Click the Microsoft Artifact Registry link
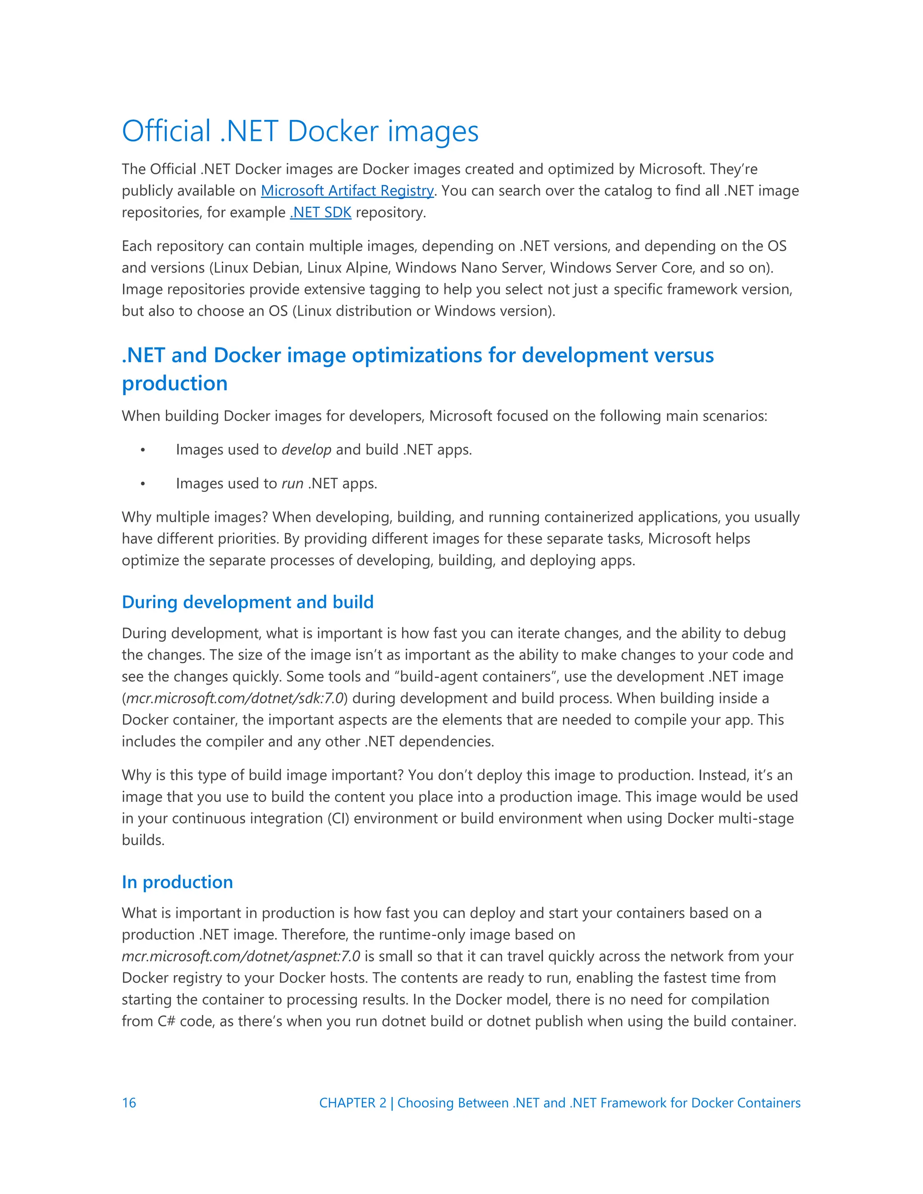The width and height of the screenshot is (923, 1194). pyautogui.click(x=347, y=191)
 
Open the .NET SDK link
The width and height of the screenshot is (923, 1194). pyautogui.click(x=320, y=213)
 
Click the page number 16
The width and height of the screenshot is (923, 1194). pyautogui.click(x=129, y=1103)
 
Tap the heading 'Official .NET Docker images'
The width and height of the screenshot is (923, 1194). pyautogui.click(x=300, y=131)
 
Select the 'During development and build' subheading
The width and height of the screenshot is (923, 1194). pyautogui.click(x=248, y=602)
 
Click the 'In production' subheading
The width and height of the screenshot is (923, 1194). pyautogui.click(x=177, y=882)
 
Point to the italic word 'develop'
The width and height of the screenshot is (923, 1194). pyautogui.click(x=306, y=450)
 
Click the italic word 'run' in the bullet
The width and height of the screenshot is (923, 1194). pyautogui.click(x=292, y=484)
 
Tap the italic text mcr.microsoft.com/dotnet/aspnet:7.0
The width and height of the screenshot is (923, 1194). pyautogui.click(x=241, y=957)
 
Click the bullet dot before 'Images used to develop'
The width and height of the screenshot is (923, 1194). pyautogui.click(x=143, y=451)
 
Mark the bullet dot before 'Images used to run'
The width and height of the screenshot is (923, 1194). pyautogui.click(x=143, y=484)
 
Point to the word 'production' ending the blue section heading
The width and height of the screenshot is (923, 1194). pyautogui.click(x=174, y=384)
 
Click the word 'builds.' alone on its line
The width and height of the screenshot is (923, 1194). pyautogui.click(x=143, y=840)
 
